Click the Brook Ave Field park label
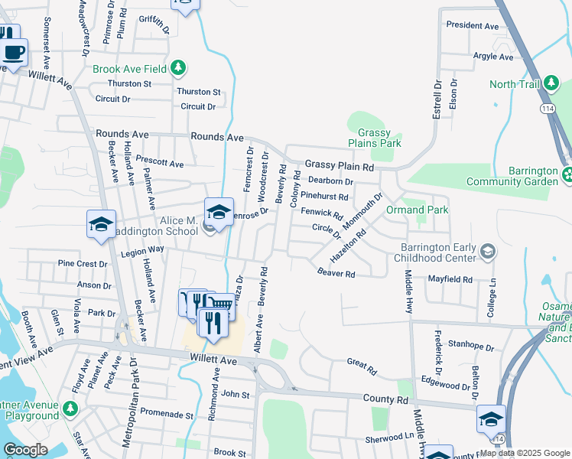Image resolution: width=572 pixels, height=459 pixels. [129, 69]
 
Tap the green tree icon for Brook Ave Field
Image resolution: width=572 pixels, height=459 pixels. [178, 68]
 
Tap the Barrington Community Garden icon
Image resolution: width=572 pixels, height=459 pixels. [567, 175]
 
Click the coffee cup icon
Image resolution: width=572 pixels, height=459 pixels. [13, 53]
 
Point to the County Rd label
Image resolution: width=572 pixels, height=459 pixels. [386, 399]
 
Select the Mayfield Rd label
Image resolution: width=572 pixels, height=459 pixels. [450, 279]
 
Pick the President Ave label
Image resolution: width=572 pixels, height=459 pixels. [472, 25]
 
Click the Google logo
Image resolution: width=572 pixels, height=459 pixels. [26, 450]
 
